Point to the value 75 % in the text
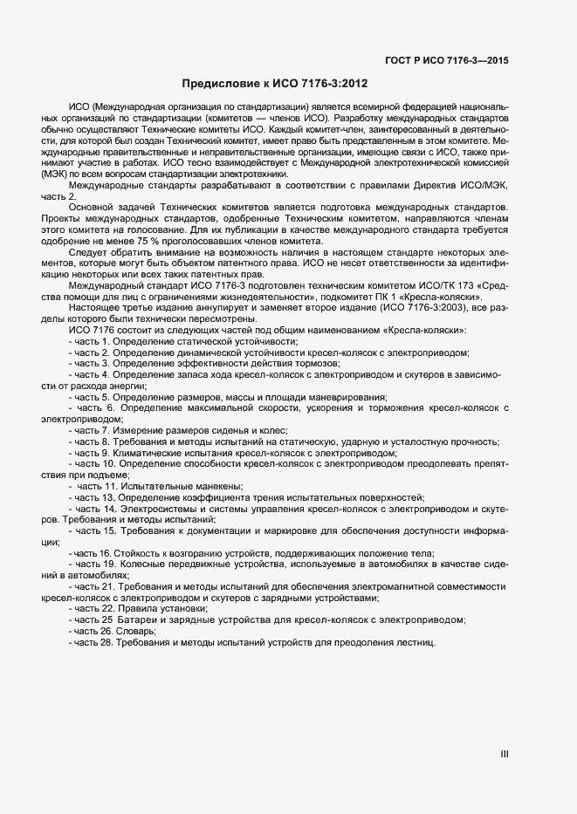click(155, 241)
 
